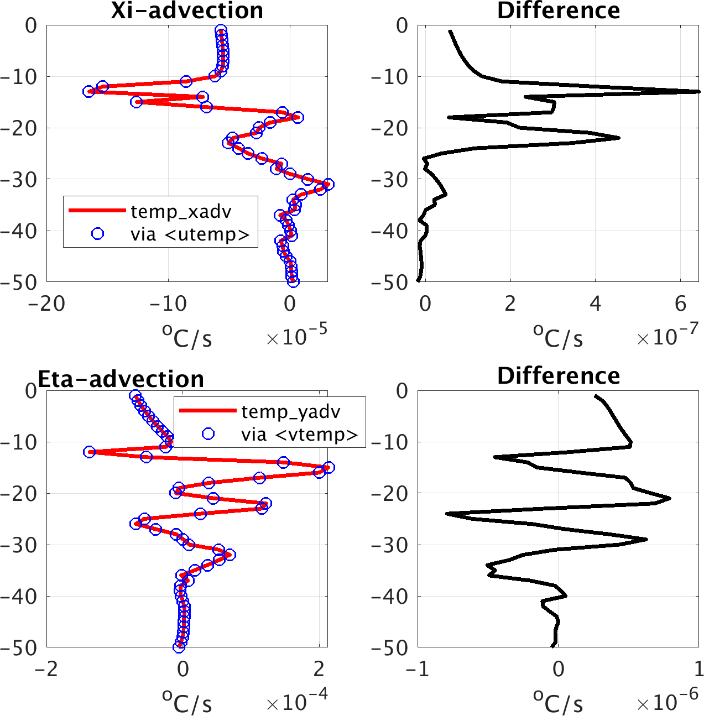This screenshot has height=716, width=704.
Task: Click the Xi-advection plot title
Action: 187,11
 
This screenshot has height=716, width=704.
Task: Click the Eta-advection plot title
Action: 121,379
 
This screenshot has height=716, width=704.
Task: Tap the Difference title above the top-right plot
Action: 558,11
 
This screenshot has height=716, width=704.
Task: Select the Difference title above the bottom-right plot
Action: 558,376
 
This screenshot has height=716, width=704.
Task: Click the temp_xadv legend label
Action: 181,212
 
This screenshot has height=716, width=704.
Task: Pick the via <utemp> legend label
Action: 190,234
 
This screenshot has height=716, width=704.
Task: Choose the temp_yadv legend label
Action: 291,412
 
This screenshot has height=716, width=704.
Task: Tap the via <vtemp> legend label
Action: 300,435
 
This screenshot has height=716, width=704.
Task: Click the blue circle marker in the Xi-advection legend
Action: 97,234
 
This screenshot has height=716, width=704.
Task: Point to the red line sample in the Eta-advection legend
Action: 208,410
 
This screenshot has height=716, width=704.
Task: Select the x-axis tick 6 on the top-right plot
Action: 680,304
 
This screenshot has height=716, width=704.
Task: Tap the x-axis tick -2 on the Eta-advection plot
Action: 47,669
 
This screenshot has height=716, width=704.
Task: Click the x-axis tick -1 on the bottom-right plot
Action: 418,669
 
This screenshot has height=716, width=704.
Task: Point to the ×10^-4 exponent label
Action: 296,701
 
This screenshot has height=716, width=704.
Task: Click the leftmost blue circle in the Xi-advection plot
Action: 89,91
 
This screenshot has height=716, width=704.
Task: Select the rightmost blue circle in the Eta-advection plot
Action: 328,467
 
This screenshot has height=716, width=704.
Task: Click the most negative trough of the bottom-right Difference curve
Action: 447,514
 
